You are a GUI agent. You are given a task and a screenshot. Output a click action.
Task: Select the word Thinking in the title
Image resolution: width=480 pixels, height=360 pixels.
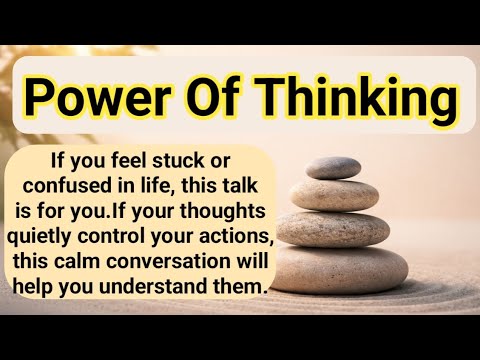(x=350, y=100)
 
